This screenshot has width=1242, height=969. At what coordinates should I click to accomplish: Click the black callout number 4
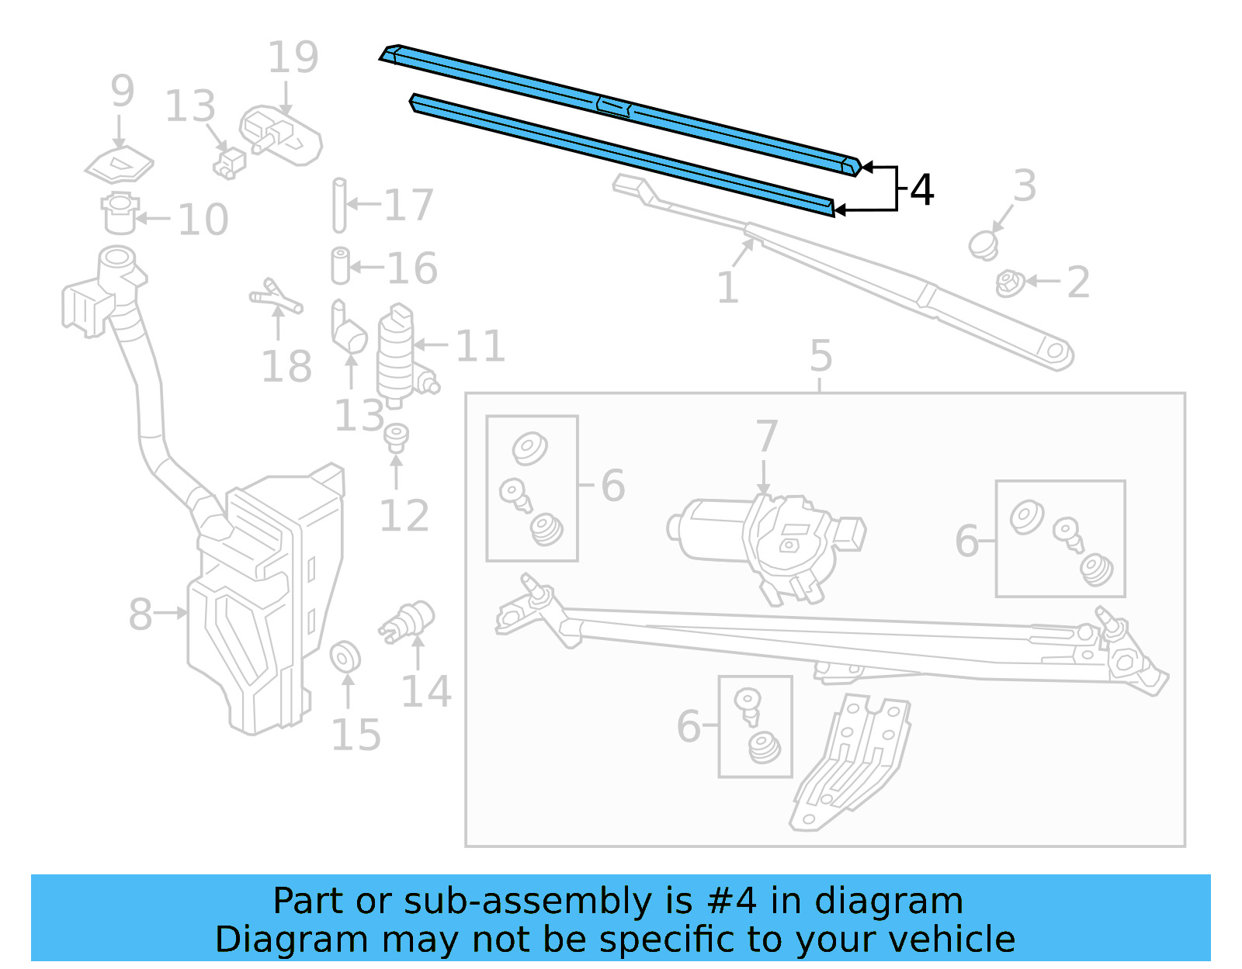click(921, 190)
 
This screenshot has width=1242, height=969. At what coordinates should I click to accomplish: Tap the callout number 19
click(293, 57)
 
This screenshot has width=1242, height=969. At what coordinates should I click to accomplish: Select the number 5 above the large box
click(820, 356)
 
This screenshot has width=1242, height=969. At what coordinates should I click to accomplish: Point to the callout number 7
click(766, 436)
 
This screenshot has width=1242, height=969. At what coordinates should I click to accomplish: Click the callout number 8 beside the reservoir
click(140, 614)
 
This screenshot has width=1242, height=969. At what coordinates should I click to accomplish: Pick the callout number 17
click(408, 206)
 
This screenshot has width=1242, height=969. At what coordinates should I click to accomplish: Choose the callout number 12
click(404, 516)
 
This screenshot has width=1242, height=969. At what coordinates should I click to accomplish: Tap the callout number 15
click(356, 735)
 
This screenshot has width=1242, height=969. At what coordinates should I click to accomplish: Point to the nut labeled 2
click(1008, 283)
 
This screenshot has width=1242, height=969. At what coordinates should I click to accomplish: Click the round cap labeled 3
click(984, 244)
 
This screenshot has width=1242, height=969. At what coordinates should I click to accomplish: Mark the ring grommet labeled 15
click(345, 657)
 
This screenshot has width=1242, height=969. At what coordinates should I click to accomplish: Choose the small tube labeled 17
click(339, 205)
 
